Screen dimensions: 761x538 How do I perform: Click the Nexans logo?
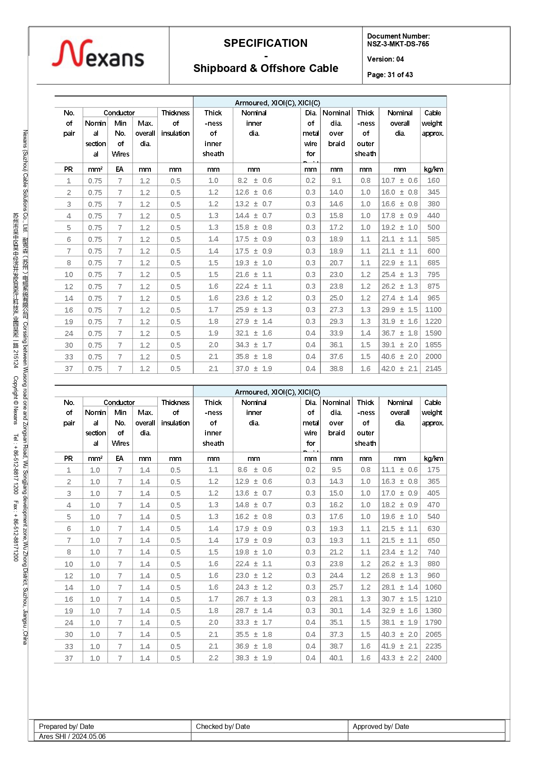(98, 54)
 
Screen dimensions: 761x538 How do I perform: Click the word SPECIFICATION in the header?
(265, 43)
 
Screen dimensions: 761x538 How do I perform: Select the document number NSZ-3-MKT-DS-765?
(398, 44)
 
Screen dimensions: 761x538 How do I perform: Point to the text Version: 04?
(385, 59)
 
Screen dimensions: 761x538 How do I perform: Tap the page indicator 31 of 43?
(400, 75)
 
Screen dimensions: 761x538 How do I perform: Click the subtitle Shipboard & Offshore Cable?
(265, 69)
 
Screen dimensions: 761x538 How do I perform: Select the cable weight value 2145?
(433, 369)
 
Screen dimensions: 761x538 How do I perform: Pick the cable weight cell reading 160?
(433, 181)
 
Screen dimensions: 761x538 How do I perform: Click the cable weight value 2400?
(433, 658)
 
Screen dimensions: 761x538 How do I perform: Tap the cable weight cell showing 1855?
(433, 345)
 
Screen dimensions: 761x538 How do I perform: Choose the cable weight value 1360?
(433, 611)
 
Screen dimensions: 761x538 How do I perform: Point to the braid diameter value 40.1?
(336, 658)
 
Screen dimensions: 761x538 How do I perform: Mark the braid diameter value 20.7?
(336, 263)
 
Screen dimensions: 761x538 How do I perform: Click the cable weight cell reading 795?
(433, 274)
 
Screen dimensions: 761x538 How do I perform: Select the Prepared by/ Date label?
(66, 727)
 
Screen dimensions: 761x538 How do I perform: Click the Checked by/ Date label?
(223, 727)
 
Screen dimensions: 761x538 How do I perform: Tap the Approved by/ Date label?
(381, 727)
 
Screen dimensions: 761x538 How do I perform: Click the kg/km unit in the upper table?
(433, 170)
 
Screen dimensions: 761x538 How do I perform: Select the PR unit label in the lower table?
(68, 459)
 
